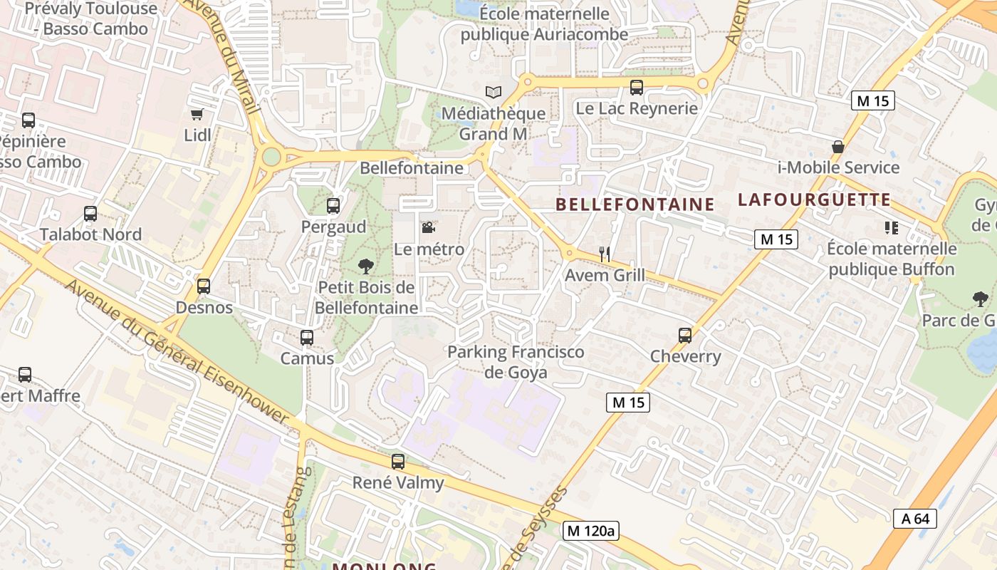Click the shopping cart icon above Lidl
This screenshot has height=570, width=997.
(197, 114)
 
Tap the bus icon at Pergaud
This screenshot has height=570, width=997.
(333, 206)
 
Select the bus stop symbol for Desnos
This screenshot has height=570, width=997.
(204, 286)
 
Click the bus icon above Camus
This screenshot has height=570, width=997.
(307, 337)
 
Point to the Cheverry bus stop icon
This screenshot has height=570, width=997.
(685, 335)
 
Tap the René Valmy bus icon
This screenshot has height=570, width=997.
(398, 462)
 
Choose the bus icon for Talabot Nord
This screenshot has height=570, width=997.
(90, 213)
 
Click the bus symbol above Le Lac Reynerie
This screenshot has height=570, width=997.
(637, 88)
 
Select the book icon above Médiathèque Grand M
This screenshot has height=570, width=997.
(493, 92)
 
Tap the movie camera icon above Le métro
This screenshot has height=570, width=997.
(428, 228)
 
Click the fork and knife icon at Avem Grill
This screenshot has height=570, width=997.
(605, 254)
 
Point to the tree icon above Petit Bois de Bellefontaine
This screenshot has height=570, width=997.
(366, 266)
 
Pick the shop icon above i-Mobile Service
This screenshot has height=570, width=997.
(838, 147)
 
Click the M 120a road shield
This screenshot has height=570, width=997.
(590, 530)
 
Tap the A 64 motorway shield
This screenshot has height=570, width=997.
(915, 518)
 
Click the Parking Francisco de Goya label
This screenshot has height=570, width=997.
(516, 362)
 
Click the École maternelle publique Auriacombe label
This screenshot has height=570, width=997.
(545, 24)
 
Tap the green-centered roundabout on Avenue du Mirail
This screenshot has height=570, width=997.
(271, 156)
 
